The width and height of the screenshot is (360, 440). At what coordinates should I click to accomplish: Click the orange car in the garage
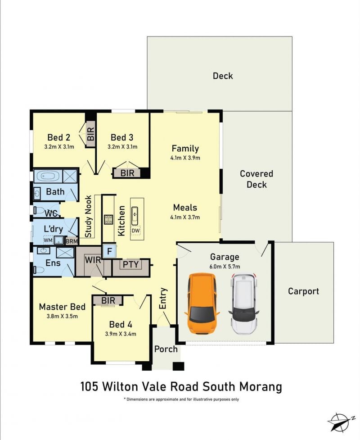point(202,304)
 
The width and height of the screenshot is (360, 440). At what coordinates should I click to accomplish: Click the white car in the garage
point(243,304)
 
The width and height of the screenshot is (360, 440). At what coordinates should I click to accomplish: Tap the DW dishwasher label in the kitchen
point(135,231)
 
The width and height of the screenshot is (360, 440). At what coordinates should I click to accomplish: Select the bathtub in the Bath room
point(47,176)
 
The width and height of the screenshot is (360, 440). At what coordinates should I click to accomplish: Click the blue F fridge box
point(110,251)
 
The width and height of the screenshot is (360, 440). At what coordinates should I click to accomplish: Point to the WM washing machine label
point(48,240)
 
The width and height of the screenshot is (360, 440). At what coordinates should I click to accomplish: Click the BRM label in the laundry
point(72,241)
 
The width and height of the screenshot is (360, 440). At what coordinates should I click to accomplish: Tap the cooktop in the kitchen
point(108,219)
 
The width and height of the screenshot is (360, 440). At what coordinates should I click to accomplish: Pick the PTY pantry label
point(130,264)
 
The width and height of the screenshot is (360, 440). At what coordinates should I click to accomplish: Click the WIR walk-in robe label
point(93,260)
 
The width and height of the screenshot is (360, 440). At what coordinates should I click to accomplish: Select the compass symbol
point(340,422)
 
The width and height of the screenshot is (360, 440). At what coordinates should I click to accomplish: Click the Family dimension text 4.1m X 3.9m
point(185,158)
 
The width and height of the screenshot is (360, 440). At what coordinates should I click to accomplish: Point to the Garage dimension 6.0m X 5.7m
point(225,266)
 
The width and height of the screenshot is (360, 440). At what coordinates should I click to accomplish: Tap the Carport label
point(303,291)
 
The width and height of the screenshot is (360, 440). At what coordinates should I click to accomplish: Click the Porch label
point(166,349)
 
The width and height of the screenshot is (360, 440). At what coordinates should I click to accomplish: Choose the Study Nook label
point(88,216)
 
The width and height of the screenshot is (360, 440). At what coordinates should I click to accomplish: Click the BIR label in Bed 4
point(108,300)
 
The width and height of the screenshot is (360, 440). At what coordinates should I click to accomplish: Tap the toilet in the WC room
point(39,210)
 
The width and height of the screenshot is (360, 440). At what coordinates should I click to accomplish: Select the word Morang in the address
point(261,387)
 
